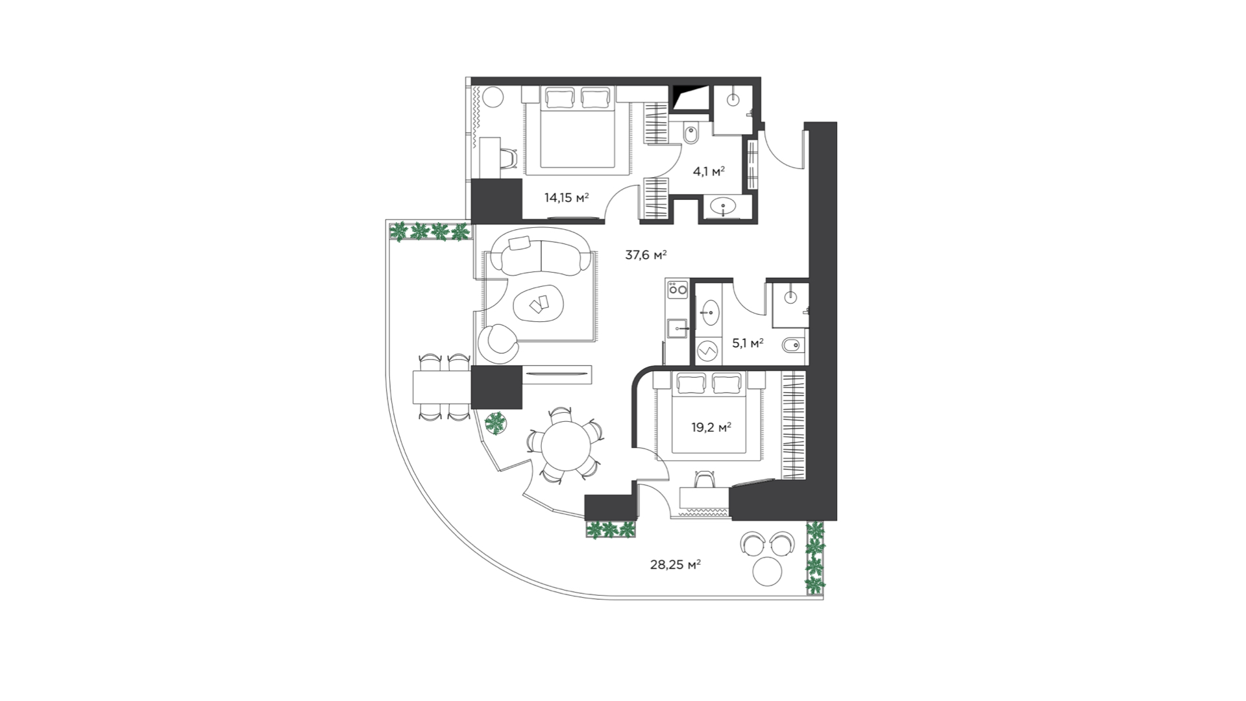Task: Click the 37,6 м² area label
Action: point(646,255)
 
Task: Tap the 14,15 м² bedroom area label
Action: point(567,197)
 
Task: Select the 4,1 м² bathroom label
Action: point(709,171)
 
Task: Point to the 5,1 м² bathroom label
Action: point(748,343)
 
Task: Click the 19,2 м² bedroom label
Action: point(711,427)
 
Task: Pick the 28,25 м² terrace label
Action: point(675,565)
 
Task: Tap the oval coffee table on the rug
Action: point(538,304)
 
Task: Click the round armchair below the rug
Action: point(498,343)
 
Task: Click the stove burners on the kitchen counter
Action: point(678,289)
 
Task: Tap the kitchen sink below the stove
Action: point(678,328)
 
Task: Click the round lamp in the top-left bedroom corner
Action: point(493,97)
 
